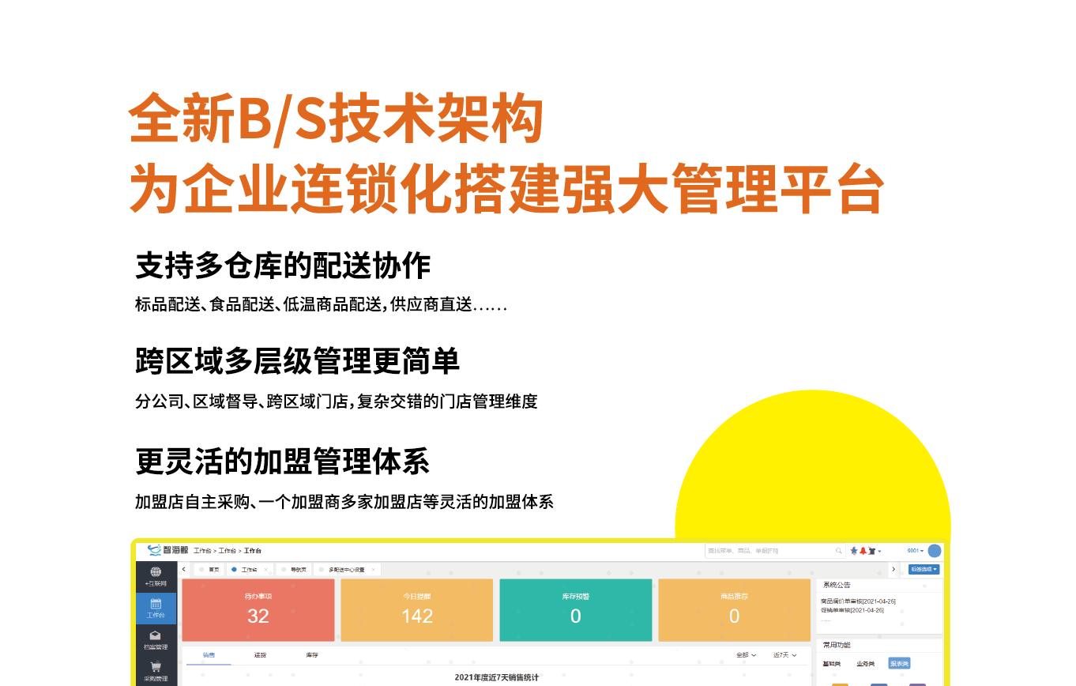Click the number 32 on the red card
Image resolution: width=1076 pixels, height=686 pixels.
click(258, 616)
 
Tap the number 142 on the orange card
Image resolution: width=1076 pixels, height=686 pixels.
click(417, 616)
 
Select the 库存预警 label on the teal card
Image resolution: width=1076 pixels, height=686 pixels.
click(575, 597)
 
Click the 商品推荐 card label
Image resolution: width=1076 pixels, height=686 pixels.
click(734, 597)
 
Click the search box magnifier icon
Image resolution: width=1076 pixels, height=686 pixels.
click(839, 551)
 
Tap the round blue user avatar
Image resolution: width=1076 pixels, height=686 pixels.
click(935, 551)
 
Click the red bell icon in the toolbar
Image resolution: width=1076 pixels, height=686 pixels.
click(863, 551)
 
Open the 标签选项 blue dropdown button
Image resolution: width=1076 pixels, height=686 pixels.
click(924, 569)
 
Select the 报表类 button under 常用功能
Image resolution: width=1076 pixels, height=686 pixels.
click(899, 664)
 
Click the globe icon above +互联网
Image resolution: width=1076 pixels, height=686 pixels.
click(156, 572)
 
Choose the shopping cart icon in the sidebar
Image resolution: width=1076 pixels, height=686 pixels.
click(156, 666)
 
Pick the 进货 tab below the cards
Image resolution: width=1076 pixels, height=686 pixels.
click(260, 655)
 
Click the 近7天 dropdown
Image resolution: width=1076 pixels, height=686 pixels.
click(784, 655)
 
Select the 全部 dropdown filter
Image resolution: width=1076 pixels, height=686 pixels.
click(746, 655)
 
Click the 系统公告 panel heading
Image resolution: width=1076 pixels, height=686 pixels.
click(837, 585)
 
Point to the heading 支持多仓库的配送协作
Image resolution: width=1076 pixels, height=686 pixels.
click(283, 266)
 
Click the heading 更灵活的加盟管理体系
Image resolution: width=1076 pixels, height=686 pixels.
click(282, 461)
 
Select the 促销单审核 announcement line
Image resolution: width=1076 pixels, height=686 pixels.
click(852, 610)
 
